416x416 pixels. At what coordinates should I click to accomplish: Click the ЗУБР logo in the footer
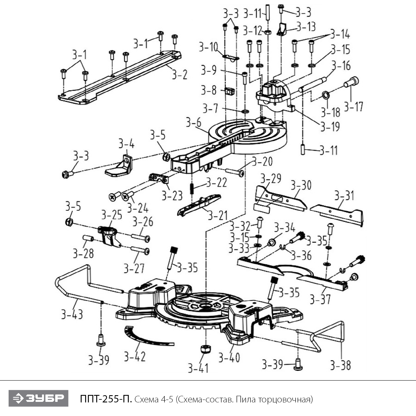38,399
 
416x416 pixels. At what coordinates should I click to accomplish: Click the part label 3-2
179,74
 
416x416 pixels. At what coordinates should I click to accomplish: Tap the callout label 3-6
194,122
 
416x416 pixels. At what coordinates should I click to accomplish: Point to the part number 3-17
353,106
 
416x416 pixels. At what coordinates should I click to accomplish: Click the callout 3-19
330,126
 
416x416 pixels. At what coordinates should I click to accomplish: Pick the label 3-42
135,357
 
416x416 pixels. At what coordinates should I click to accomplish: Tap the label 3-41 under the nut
198,368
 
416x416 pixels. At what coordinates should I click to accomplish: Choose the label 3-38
340,365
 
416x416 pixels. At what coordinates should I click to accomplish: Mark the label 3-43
72,314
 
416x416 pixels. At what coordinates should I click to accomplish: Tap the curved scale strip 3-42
144,337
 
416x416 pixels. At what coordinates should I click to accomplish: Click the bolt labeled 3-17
351,82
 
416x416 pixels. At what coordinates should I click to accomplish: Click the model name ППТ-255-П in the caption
106,399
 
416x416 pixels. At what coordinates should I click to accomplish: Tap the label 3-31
344,196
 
